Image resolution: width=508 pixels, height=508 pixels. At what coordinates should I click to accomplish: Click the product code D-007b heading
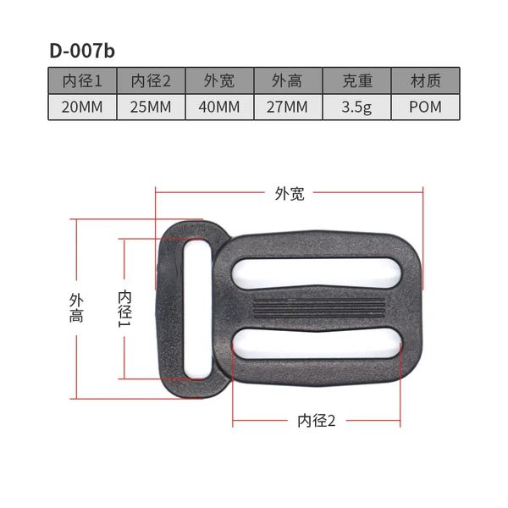click(x=82, y=51)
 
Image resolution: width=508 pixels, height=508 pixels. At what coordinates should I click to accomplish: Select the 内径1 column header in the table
click(x=82, y=80)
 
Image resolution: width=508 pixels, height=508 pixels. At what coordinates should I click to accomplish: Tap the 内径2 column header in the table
click(x=151, y=80)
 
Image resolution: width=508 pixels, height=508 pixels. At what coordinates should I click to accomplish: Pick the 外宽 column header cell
click(x=219, y=80)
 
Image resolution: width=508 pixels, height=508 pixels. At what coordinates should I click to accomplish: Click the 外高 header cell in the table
click(x=288, y=80)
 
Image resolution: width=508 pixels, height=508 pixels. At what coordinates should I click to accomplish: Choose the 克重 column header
click(x=356, y=80)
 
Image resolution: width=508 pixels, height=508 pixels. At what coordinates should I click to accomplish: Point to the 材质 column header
click(x=425, y=80)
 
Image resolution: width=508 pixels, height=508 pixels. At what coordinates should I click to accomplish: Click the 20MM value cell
click(x=82, y=107)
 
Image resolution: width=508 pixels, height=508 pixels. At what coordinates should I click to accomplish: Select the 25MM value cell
click(x=151, y=107)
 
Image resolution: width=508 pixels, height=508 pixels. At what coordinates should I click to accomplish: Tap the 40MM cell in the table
click(x=219, y=107)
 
